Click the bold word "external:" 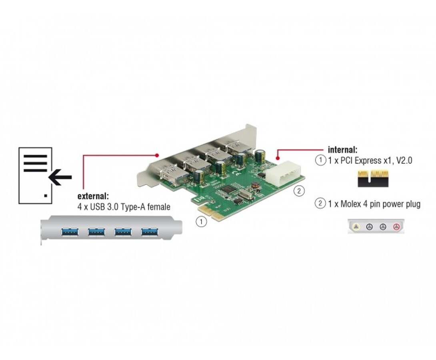pyautogui.click(x=93, y=196)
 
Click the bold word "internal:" pyautogui.click(x=342, y=150)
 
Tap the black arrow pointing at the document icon pyautogui.click(x=60, y=177)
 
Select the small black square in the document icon pyautogui.click(x=46, y=196)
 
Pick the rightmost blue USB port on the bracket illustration pyautogui.click(x=149, y=231)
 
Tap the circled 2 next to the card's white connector pyautogui.click(x=299, y=191)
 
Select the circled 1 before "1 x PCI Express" pyautogui.click(x=320, y=161)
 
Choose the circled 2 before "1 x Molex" pyautogui.click(x=320, y=204)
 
